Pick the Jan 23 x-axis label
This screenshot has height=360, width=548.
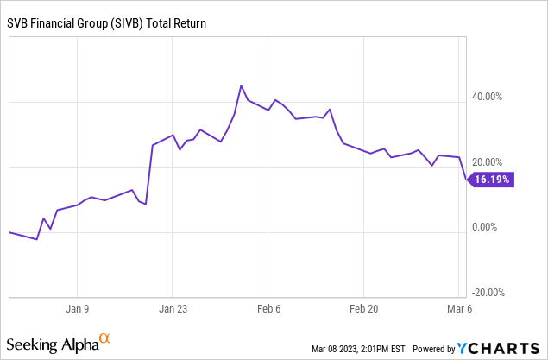click(173, 306)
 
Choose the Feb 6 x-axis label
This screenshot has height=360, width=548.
click(268, 306)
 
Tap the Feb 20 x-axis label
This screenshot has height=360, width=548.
click(363, 306)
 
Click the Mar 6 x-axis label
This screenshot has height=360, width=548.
click(459, 306)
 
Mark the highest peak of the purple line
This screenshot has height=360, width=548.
click(242, 85)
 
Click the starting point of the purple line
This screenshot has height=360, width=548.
click(9, 232)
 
